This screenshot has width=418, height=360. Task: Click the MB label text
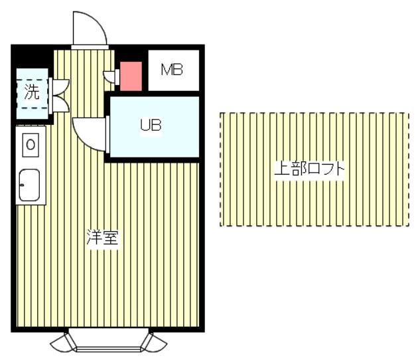pyautogui.click(x=172, y=70)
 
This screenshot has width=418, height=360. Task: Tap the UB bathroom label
pyautogui.click(x=151, y=125)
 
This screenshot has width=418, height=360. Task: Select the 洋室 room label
pyautogui.click(x=103, y=238)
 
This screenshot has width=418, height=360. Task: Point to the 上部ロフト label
pyautogui.click(x=309, y=169)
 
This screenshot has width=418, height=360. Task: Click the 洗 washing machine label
pyautogui.click(x=32, y=92)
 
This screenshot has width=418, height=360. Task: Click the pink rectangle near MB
pyautogui.click(x=131, y=76)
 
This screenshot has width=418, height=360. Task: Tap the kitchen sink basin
pyautogui.click(x=30, y=185)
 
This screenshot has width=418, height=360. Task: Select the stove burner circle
pyautogui.click(x=31, y=145)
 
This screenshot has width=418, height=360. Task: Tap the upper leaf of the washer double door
pyautogui.click(x=61, y=87)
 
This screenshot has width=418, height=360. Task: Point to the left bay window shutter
pyautogui.click(x=62, y=343)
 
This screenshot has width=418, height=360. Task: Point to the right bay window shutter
pyautogui.click(x=155, y=343)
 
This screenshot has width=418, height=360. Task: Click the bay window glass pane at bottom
pyautogui.click(x=109, y=349)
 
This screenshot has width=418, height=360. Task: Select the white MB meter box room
pyautogui.click(x=174, y=70)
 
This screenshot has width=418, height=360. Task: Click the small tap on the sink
pyautogui.click(x=22, y=185)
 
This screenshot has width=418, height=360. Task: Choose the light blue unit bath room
pyautogui.click(x=155, y=127)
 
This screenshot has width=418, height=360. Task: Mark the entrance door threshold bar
pyautogui.click(x=90, y=47)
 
